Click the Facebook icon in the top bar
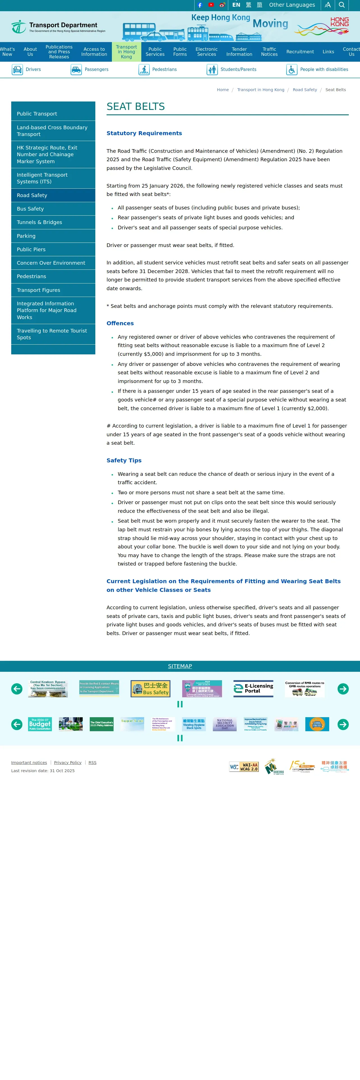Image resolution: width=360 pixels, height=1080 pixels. (x=200, y=5)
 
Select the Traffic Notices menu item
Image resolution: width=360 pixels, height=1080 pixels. (x=269, y=52)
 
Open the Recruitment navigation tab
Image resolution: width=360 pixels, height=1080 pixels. (x=300, y=52)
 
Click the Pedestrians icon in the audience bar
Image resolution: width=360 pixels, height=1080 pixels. (x=144, y=70)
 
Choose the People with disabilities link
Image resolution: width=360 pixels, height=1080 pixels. (x=324, y=70)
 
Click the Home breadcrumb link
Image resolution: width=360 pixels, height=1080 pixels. (x=223, y=90)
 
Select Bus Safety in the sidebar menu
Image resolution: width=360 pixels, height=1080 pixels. (x=30, y=209)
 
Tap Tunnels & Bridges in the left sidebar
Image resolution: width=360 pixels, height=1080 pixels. (x=40, y=222)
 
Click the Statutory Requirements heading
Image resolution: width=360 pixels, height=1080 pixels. (x=144, y=133)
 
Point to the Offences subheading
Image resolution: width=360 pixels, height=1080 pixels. (x=120, y=323)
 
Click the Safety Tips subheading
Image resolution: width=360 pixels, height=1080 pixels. (x=124, y=460)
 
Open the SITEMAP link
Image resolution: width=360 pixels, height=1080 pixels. (x=180, y=666)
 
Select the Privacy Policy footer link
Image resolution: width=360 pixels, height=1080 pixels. (x=68, y=763)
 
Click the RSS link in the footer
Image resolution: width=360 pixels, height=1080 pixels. (x=92, y=763)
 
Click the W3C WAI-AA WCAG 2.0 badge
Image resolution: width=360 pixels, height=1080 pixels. (x=244, y=767)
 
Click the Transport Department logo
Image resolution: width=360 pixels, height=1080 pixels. (x=58, y=27)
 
